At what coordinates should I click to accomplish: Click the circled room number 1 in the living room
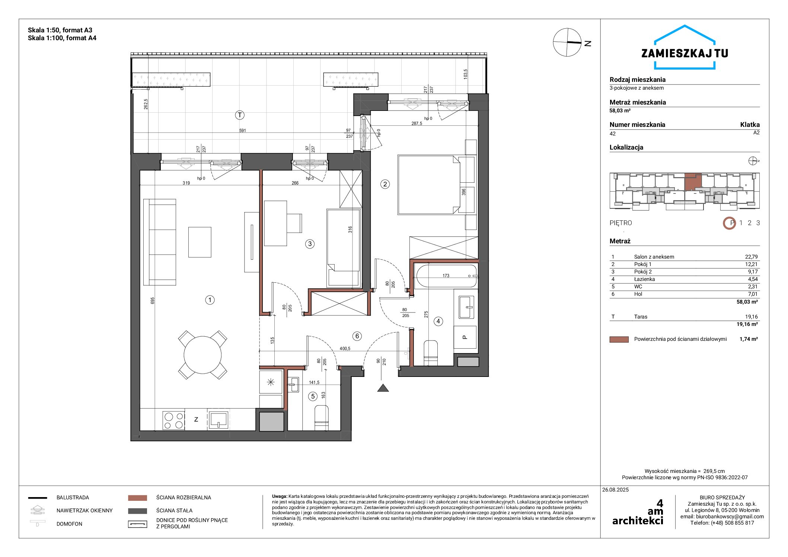pos(210,300)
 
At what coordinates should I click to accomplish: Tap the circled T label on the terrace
pos(240,115)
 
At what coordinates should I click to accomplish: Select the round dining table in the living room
pos(202,355)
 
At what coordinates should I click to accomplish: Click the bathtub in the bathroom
pos(446,276)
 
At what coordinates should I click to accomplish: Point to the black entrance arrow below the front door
pos(383,388)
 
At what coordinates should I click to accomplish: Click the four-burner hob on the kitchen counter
pos(173,420)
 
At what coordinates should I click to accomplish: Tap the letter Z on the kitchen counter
pos(196,419)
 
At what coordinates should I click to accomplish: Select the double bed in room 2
pos(429,185)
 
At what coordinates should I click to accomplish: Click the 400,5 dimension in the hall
pos(345,349)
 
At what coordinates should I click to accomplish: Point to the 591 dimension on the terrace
pos(242,131)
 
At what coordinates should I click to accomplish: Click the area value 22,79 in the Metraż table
pos(752,257)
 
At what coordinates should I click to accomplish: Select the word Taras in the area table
pos(641,317)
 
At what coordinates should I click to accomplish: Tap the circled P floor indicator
pos(730,223)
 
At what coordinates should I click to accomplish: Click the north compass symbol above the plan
pos(567,42)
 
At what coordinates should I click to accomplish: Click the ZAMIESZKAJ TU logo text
pos(685,53)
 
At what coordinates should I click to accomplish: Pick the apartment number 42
pos(613,134)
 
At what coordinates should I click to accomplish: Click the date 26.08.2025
pos(616,490)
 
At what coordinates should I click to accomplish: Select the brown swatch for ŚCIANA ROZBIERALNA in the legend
pos(137,498)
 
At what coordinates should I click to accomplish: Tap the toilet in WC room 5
pos(322,418)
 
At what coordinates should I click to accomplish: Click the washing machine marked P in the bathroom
pos(465,337)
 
